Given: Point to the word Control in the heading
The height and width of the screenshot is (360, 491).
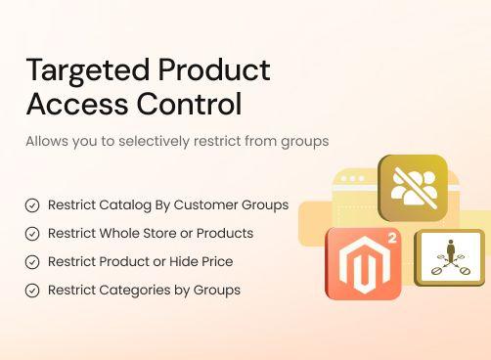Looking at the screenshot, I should click(x=192, y=104).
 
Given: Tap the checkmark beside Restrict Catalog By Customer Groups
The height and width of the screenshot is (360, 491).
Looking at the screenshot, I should click(x=32, y=205).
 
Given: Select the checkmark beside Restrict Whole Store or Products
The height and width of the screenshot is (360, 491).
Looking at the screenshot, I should click(x=32, y=234).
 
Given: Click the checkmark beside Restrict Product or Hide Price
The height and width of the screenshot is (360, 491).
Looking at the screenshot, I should click(x=32, y=262).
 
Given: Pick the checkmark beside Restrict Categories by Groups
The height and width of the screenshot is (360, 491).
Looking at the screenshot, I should click(x=32, y=291).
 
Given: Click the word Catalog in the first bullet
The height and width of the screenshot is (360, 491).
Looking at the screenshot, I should click(x=125, y=205).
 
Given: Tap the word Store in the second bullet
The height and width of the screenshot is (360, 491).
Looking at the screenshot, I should click(x=170, y=234).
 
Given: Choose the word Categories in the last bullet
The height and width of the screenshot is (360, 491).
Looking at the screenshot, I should click(x=137, y=291).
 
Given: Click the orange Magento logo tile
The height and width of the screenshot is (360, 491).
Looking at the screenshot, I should click(x=363, y=263).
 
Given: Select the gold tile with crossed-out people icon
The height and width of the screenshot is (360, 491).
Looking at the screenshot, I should click(x=412, y=188).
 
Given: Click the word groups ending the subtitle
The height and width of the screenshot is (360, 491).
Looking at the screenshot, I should click(x=304, y=141).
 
